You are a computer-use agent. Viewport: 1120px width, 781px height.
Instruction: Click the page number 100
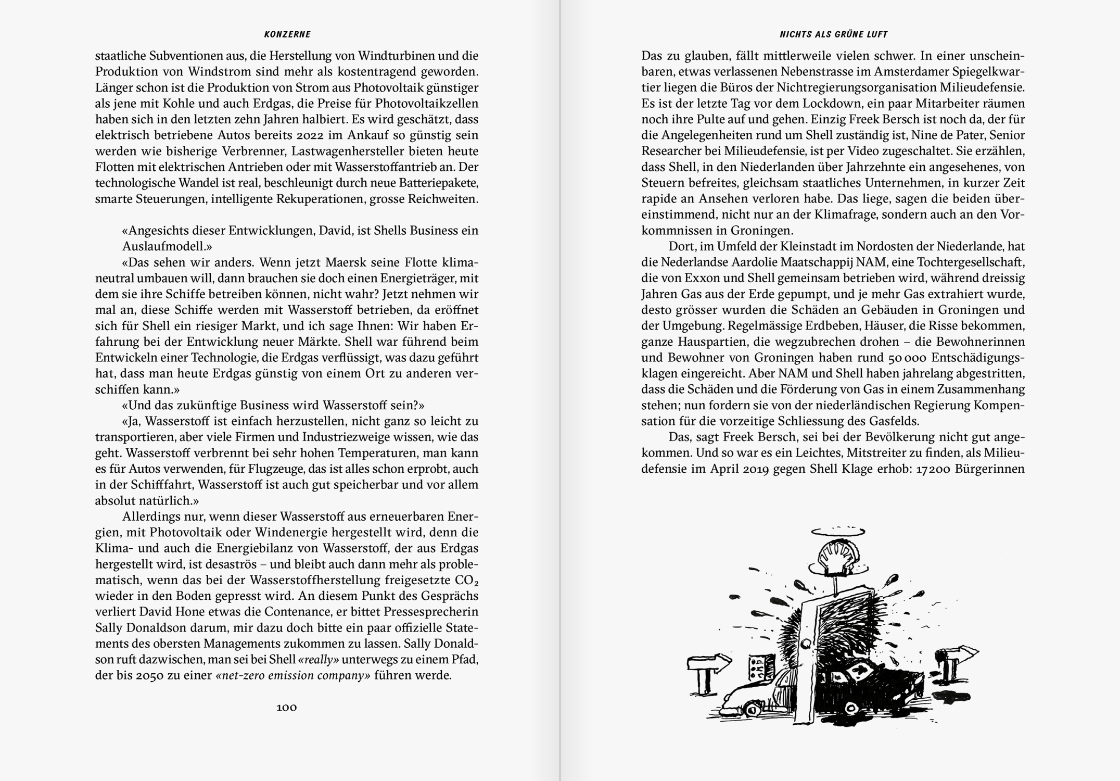pyautogui.click(x=286, y=707)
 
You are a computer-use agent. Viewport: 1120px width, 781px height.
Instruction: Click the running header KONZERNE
pyautogui.click(x=287, y=34)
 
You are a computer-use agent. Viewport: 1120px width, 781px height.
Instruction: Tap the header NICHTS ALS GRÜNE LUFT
pyautogui.click(x=833, y=34)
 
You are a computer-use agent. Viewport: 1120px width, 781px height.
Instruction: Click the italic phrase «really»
pyautogui.click(x=319, y=660)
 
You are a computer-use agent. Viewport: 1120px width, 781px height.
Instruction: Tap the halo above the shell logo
pyautogui.click(x=838, y=532)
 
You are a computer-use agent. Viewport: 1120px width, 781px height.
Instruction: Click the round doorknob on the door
pyautogui.click(x=807, y=645)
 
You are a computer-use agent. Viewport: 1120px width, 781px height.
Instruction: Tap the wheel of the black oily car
pyautogui.click(x=851, y=708)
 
